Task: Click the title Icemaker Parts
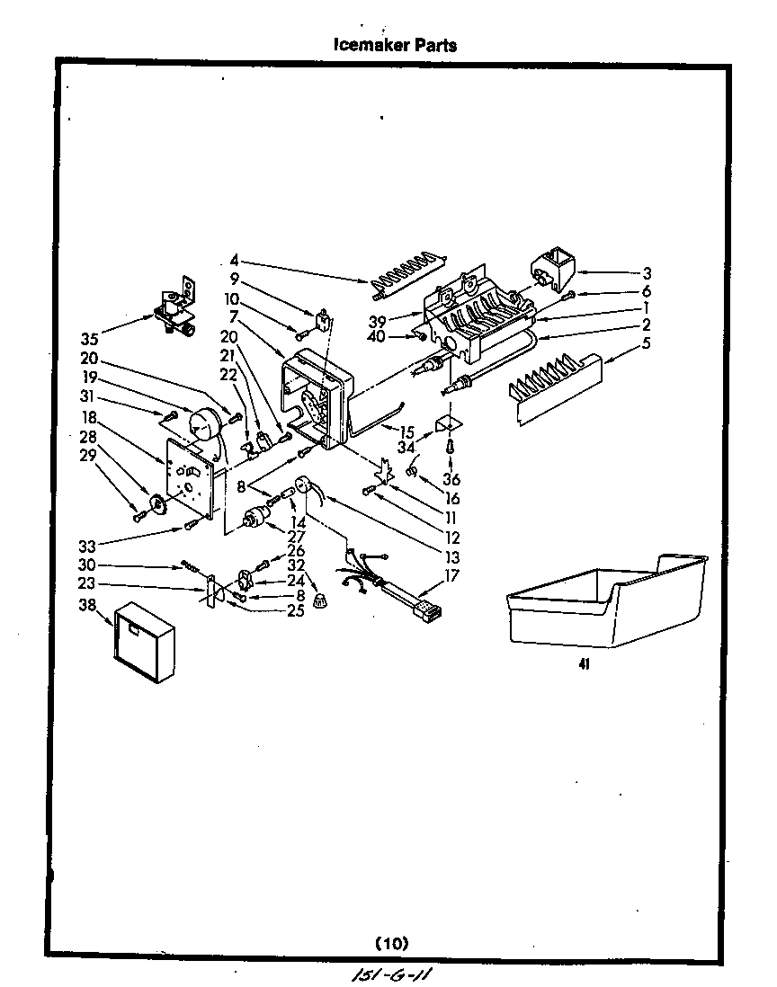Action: pos(395,45)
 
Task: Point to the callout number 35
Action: pos(89,339)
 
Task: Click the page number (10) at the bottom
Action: pos(390,943)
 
